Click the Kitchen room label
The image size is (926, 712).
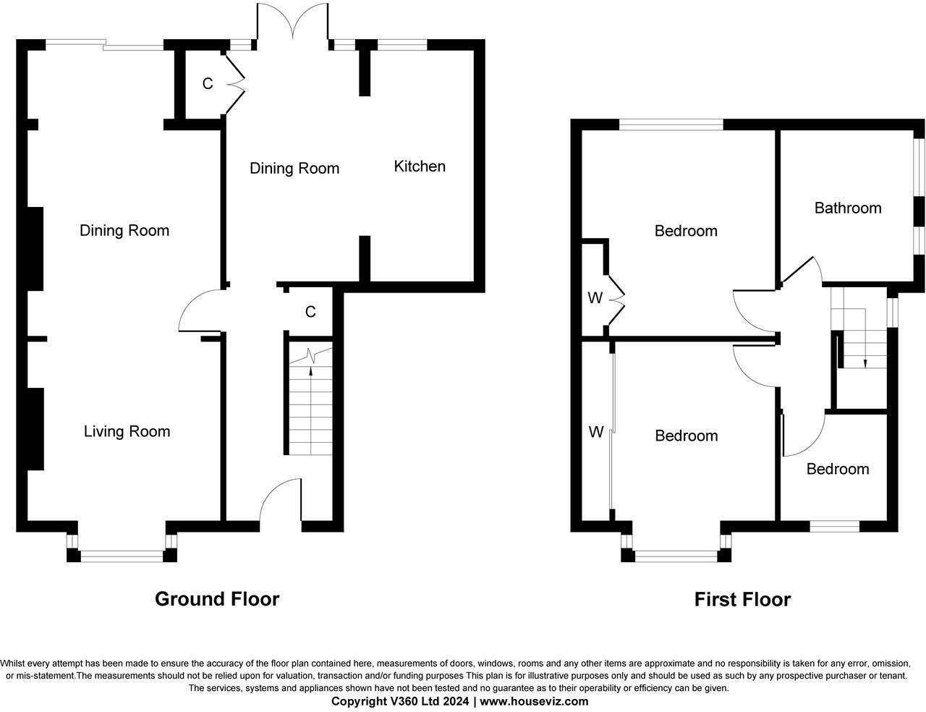point(420,166)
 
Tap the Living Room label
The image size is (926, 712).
point(127,432)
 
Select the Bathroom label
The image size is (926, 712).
point(848,208)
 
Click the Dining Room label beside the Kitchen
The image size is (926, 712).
point(294,169)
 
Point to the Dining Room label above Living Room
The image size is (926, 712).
point(124,231)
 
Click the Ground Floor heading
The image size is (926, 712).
point(217,599)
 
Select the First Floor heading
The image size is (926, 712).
point(742,600)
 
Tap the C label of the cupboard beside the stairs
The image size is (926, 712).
point(310,312)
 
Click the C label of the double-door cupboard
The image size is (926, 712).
point(208,84)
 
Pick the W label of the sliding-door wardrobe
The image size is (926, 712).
point(595,433)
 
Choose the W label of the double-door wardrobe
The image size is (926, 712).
point(595,298)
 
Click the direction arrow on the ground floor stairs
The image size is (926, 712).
point(311,373)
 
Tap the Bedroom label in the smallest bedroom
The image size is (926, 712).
point(838,469)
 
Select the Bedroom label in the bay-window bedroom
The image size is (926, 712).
point(687,436)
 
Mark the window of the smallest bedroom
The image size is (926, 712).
point(834,526)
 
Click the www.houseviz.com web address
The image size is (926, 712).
point(534,701)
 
